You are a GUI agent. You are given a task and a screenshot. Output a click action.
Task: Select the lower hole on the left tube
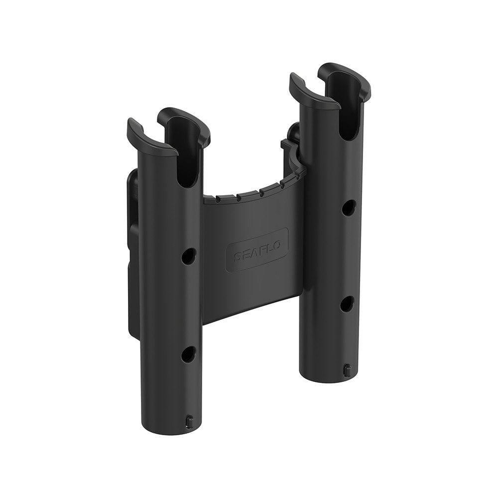point(188,354)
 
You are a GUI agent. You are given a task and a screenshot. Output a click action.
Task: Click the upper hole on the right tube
point(349,208)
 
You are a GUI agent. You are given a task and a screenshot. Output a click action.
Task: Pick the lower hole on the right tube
point(347,304)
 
